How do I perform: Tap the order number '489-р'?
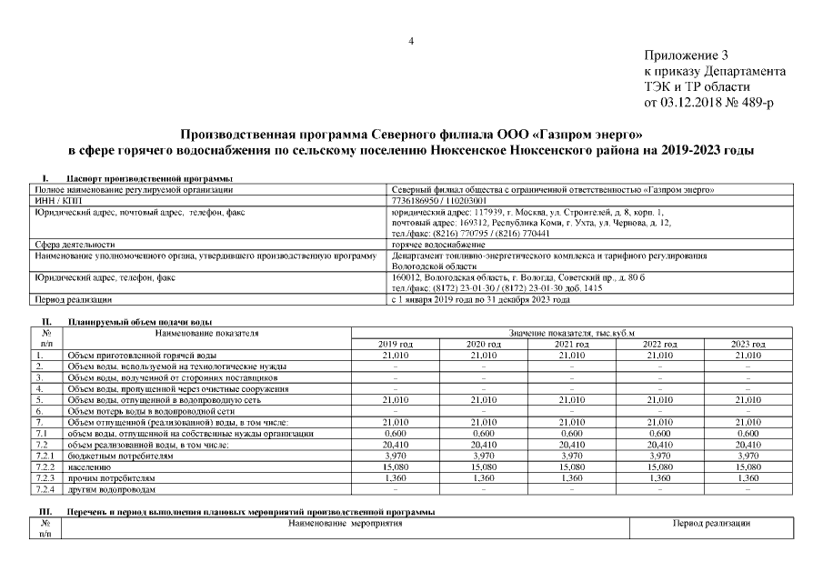756,103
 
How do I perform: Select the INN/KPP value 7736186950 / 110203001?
438,200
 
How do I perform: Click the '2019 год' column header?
395,344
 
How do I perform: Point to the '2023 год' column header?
748,344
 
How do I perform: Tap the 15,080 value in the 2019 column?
395,467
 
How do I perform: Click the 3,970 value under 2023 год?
748,457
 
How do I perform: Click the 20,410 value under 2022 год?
660,445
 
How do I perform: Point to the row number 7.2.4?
45,489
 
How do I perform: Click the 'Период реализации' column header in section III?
711,524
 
